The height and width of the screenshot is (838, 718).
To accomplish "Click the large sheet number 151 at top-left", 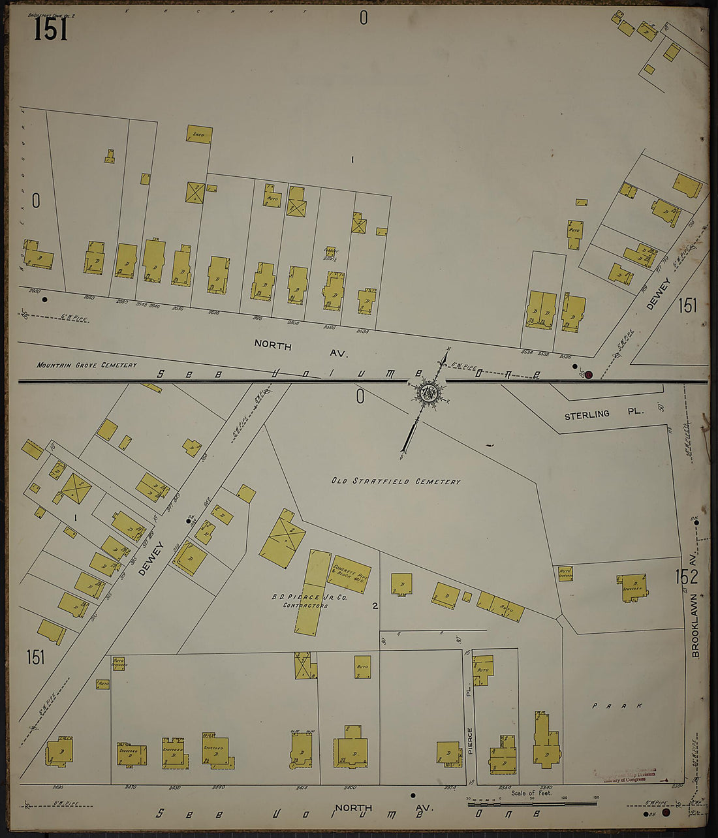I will (50, 28).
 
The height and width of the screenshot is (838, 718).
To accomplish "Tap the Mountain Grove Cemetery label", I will (87, 365).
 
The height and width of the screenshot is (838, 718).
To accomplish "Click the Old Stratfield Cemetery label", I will (396, 482).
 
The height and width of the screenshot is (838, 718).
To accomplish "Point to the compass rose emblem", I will (429, 393).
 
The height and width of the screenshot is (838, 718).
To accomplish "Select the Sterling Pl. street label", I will (604, 414).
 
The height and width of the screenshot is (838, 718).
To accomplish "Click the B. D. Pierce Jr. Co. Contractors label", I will (305, 601).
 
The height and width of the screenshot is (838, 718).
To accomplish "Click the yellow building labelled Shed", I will (198, 134).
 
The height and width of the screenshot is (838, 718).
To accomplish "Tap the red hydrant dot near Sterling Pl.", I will (588, 375).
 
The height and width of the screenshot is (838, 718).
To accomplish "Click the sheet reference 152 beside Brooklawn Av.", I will (687, 576).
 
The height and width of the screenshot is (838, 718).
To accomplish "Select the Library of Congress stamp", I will (625, 777).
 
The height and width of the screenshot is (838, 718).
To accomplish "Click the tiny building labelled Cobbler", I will (330, 251).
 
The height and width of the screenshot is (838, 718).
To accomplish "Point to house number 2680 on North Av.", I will (35, 291).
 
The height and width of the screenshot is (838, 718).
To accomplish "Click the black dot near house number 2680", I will (44, 300).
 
